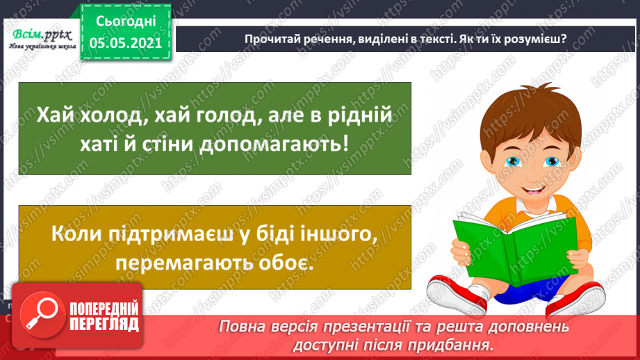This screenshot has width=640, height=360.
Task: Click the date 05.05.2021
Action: coord(126,42)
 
